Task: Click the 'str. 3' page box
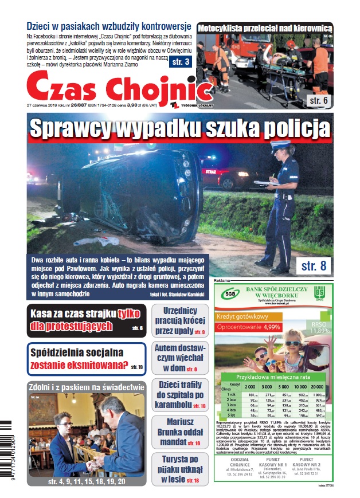tap(179, 62)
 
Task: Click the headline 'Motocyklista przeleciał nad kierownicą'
tap(264, 28)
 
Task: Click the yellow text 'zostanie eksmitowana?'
tap(79, 365)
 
